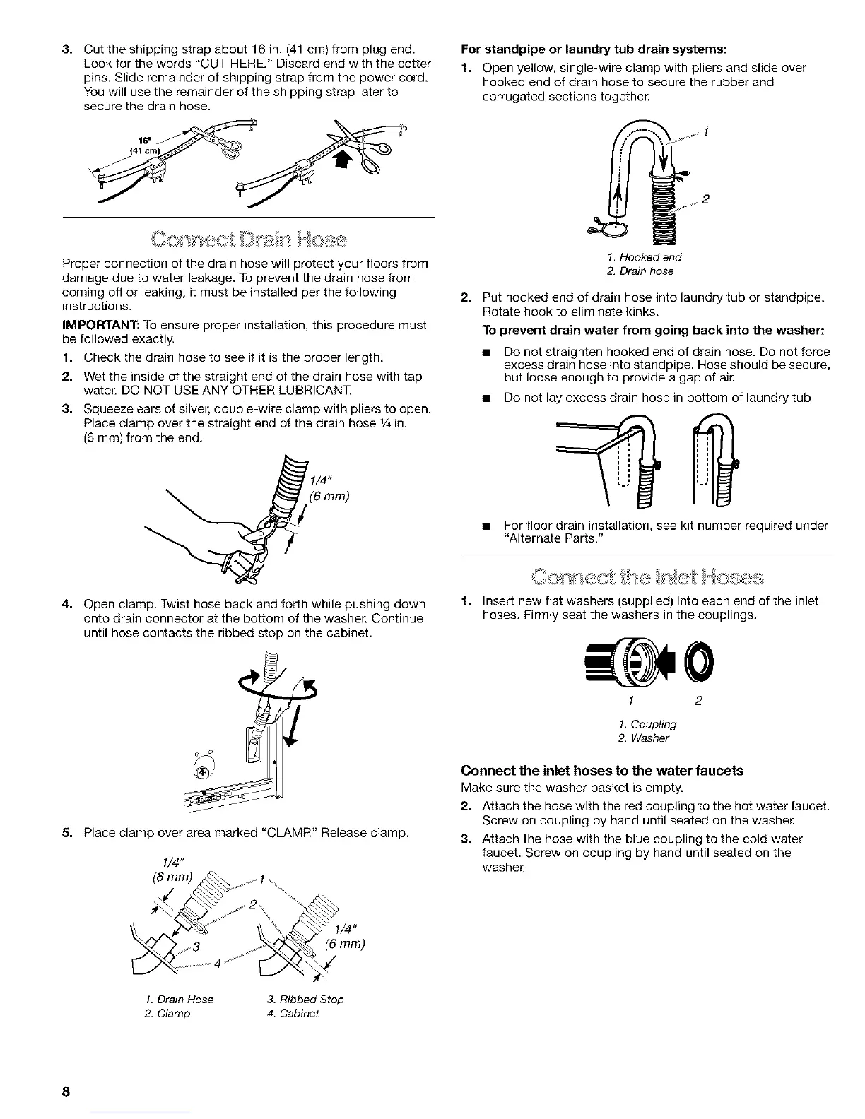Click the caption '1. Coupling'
647,724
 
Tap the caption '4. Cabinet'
293,1014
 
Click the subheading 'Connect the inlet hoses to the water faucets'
601,771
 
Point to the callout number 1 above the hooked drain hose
707,131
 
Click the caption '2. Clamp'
167,1014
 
